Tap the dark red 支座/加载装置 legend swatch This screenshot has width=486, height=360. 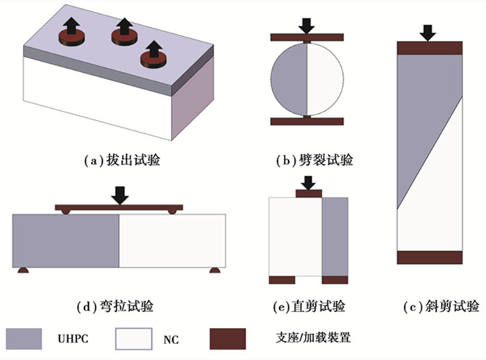[x=227, y=338]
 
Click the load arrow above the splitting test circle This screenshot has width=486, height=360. [x=306, y=23]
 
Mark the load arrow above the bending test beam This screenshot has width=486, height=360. [x=121, y=194]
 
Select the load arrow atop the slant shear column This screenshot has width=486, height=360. [x=429, y=31]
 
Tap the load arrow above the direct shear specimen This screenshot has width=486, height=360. [x=308, y=181]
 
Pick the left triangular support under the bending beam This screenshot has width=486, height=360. [x=24, y=269]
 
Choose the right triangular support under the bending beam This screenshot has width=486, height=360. [x=215, y=269]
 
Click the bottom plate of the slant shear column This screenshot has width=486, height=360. [x=430, y=257]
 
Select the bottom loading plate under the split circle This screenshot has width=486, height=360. [x=306, y=121]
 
